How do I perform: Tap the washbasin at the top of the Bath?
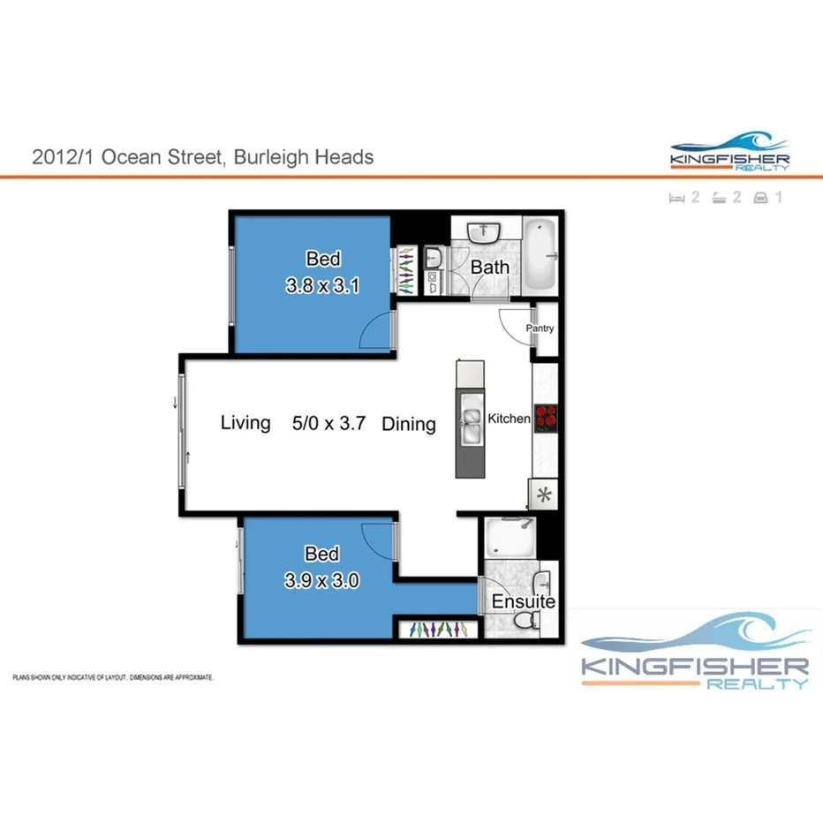coord(484,233)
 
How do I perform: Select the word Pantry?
coord(540,328)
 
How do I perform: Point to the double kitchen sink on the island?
coord(469,424)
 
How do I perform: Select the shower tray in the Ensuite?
coord(510,537)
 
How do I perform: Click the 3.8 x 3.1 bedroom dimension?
coord(323,286)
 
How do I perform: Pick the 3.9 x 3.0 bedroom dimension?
coord(322,581)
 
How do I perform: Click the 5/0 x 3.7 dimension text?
coord(323,424)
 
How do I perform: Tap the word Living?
coord(245,423)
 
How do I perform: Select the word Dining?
coord(409,424)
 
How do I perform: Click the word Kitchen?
coord(510,419)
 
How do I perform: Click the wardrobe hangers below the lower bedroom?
coord(438,630)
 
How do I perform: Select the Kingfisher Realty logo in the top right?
coord(729,153)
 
